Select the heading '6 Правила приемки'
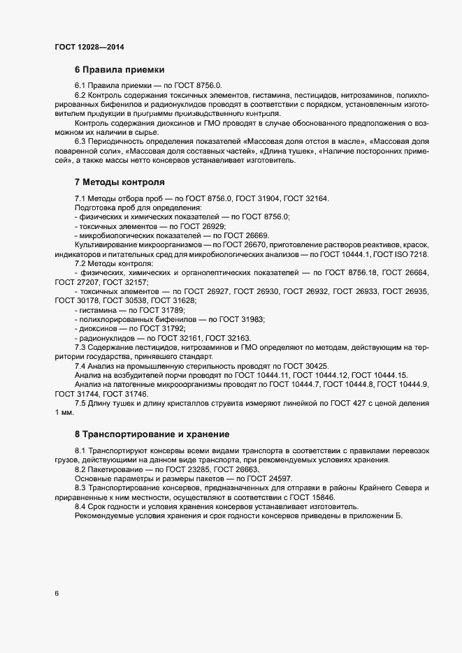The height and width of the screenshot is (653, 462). (120, 70)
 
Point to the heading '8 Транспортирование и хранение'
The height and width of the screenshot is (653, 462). (151, 434)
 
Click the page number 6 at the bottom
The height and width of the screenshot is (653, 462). (56, 594)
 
